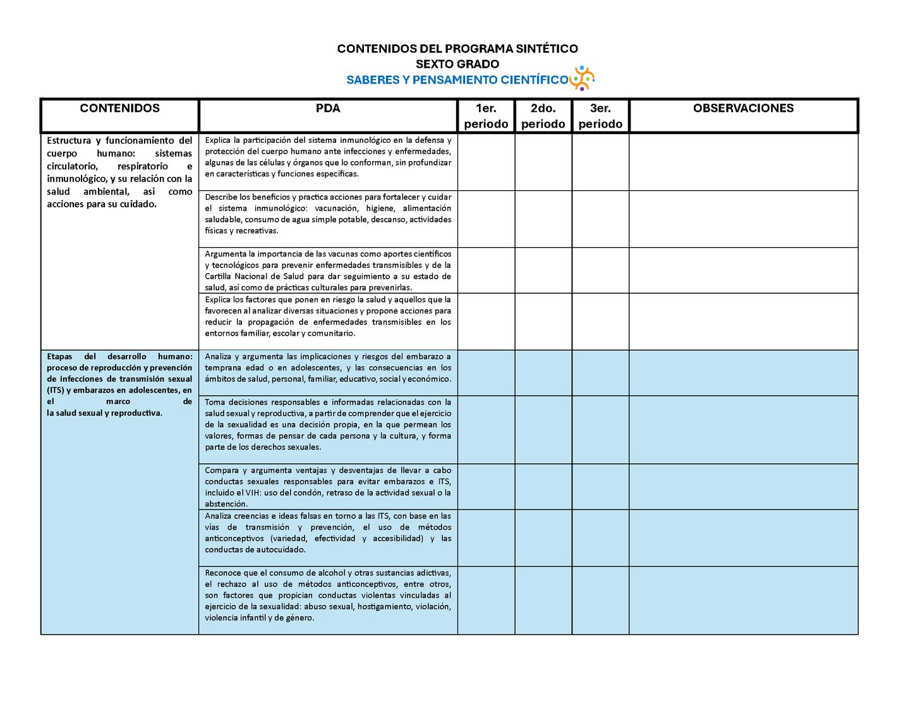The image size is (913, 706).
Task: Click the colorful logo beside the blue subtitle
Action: (582, 78)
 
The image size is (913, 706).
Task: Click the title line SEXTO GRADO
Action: (457, 64)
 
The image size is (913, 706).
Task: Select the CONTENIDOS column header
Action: (120, 108)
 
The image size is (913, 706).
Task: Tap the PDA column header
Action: (328, 108)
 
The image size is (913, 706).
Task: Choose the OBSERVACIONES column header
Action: (743, 108)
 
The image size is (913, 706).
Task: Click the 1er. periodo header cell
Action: (486, 116)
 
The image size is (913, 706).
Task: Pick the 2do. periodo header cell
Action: (543, 116)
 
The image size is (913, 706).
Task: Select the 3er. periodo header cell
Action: (600, 116)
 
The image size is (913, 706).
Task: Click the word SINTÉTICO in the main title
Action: (547, 49)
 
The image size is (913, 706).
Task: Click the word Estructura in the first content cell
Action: (69, 140)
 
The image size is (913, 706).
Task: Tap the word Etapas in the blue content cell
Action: (59, 356)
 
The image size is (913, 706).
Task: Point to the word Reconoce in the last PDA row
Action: (222, 573)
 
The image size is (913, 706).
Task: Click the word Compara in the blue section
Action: (222, 470)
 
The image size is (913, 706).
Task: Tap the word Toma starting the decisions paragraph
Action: (215, 402)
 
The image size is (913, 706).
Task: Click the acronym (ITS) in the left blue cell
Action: (56, 390)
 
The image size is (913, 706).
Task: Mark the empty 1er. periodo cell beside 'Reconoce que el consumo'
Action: (486, 600)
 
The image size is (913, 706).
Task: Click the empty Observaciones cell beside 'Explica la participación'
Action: (743, 162)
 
